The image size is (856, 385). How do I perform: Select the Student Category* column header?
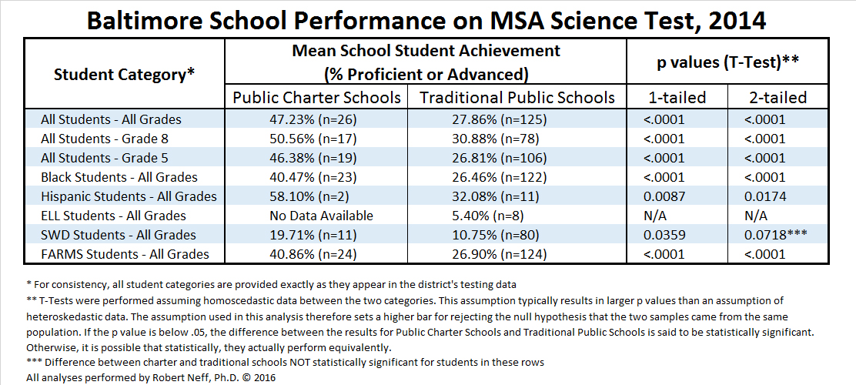(x=124, y=75)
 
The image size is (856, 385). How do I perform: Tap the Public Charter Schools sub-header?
(x=316, y=98)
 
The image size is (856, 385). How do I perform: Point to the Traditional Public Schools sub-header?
(x=517, y=98)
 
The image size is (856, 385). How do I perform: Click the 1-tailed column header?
(x=677, y=98)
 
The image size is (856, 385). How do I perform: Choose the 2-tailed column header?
(x=778, y=98)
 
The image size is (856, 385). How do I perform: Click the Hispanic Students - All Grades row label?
(x=129, y=196)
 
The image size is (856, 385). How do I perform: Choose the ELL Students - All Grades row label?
(x=113, y=216)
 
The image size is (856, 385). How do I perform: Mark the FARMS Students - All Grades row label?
(x=125, y=254)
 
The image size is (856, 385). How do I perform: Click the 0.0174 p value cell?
(x=765, y=196)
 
